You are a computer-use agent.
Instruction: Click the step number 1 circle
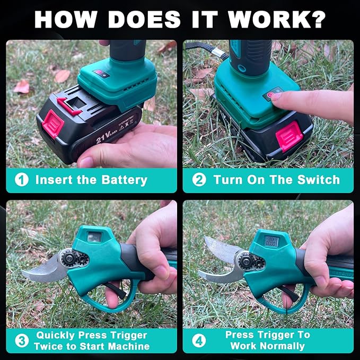pos(21,180)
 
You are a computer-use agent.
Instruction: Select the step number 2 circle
pos(199,180)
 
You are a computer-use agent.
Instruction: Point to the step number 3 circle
pos(21,340)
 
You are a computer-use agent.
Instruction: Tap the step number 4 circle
pos(199,340)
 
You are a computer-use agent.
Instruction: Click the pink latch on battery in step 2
pos(289,136)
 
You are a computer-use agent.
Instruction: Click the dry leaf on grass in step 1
pos(22,86)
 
